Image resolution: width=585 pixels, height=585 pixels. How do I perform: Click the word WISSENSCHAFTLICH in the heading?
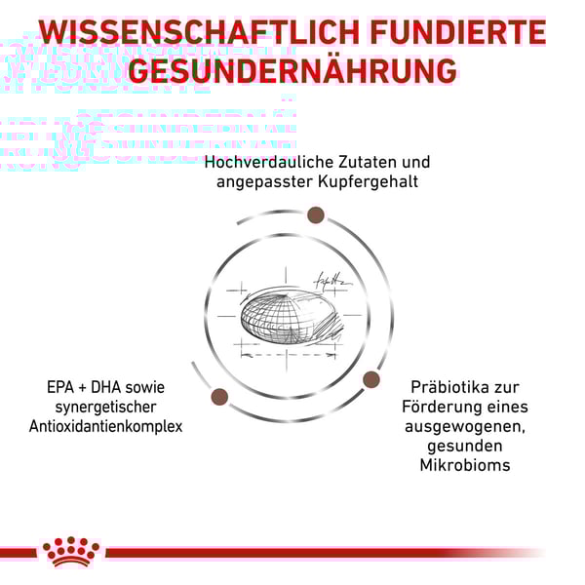point(199,32)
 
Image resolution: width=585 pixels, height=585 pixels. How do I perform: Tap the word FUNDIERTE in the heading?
point(458,32)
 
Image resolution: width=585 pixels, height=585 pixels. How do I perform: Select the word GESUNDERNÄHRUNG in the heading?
point(292,70)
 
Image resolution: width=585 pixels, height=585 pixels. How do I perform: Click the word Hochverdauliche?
point(269,162)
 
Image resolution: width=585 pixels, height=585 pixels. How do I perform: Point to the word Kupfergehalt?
point(369,182)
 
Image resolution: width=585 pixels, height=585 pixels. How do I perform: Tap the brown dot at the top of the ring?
point(316,215)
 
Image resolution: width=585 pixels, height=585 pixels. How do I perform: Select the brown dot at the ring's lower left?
point(219,396)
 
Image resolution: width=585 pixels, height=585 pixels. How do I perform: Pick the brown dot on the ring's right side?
point(370,380)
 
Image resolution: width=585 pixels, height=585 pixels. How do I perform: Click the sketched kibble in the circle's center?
point(290,317)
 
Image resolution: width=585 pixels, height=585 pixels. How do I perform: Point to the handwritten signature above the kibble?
point(332,280)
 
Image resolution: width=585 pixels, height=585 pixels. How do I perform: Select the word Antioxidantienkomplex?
point(106,426)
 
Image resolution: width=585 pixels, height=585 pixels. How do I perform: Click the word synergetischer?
point(106,408)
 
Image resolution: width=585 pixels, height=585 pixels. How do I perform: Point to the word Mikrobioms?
point(465,465)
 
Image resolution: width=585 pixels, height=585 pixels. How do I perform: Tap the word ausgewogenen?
point(465,427)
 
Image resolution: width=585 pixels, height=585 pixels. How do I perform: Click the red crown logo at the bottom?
point(71,553)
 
